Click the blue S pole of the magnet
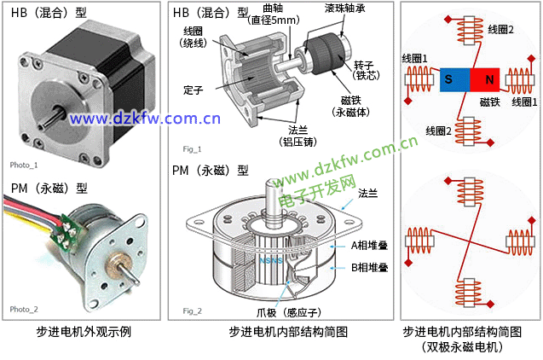coord(454,79)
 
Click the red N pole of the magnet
coord(485,79)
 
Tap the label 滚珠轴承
coord(345,9)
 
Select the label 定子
coord(194,90)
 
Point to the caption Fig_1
coord(192,149)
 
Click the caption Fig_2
coord(192,311)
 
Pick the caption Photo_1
coord(24,165)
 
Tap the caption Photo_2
coord(24,309)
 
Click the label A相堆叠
coord(369,246)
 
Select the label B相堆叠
coord(369,268)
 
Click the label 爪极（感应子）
coord(289,312)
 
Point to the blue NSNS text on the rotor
coord(271,260)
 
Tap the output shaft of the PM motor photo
coord(127,273)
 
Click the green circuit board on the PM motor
coord(66,232)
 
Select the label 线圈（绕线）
coord(194,37)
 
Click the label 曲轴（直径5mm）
coord(274,15)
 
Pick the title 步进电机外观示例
coord(84,332)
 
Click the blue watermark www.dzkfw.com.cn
coord(145,119)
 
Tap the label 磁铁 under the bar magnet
coord(489,102)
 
